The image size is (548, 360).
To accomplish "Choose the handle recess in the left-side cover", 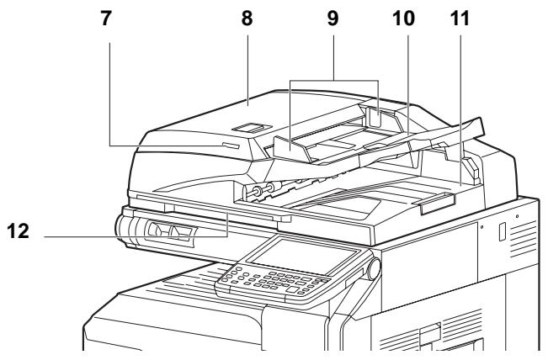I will [x=165, y=230].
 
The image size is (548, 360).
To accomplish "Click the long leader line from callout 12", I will [x=126, y=236].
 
